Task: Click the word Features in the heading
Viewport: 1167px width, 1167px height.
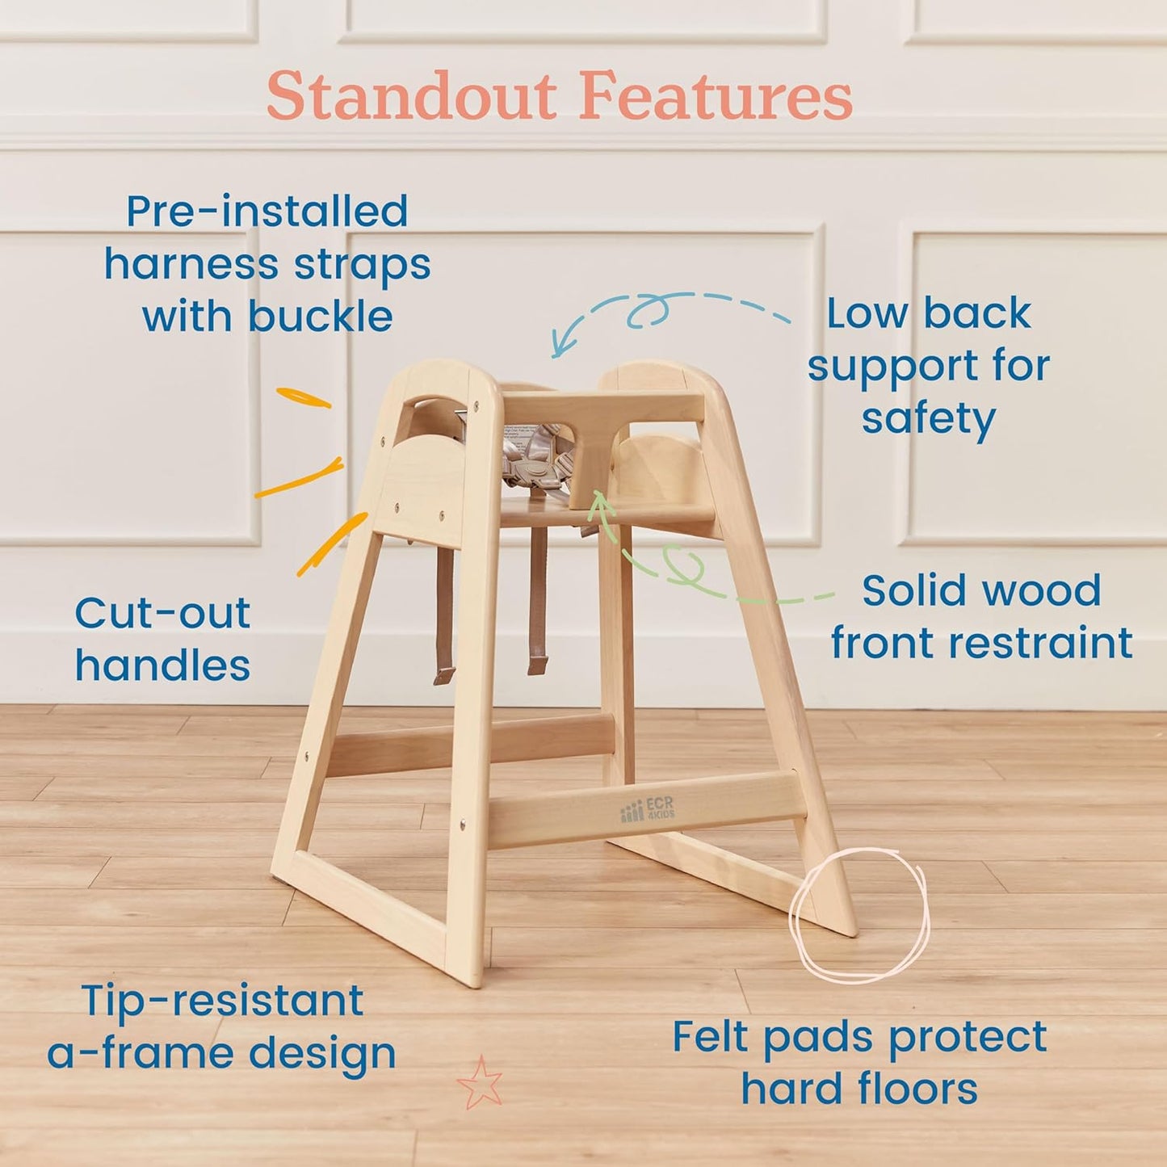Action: coord(715,97)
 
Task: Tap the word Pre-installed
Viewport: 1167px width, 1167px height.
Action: coord(267,212)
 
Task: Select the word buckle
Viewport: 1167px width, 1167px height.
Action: coord(321,316)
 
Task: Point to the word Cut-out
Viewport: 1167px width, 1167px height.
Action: coord(162,613)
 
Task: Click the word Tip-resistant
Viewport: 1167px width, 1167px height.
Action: coord(222,1001)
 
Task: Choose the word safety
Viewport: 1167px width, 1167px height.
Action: coord(928,419)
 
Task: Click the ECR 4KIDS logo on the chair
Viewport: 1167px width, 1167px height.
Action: coord(647,809)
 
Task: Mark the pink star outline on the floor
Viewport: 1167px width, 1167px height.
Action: coord(480,1083)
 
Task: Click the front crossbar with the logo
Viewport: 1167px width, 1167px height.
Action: coord(646,809)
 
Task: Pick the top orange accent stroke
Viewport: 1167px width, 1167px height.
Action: coord(304,397)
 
